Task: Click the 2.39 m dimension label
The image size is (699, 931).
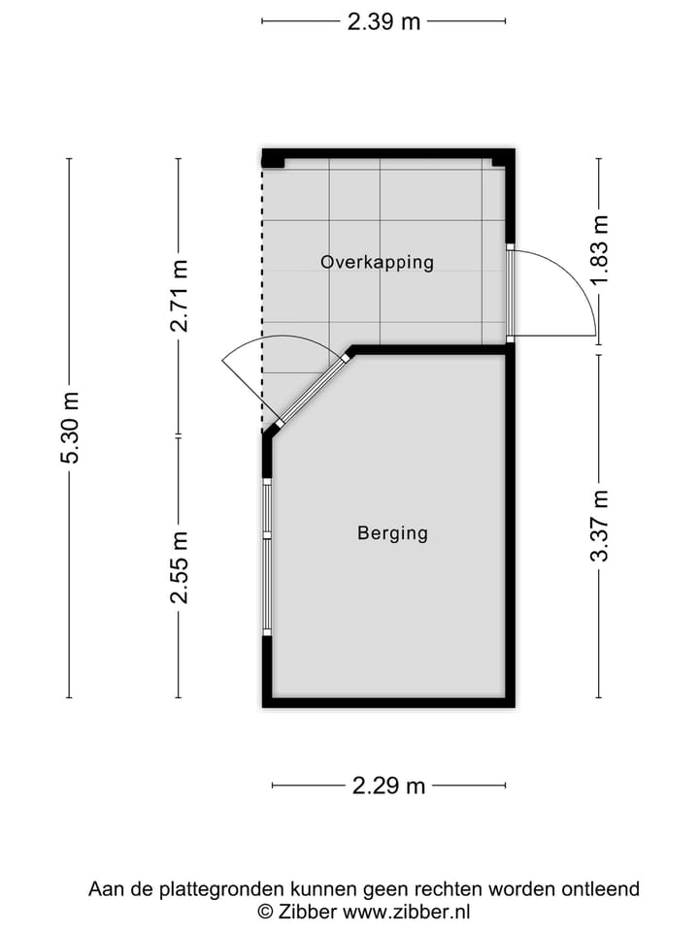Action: (x=383, y=21)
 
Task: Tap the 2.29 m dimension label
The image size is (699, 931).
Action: (x=388, y=786)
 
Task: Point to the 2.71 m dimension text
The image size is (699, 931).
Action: (x=179, y=296)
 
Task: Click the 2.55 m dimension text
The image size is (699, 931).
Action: (x=179, y=567)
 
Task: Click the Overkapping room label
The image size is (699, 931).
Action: (x=377, y=262)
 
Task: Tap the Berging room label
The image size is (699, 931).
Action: (x=392, y=532)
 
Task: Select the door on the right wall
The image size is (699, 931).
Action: (x=510, y=291)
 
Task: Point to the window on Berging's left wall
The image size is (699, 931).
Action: (x=267, y=557)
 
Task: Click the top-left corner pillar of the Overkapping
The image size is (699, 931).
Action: (x=273, y=158)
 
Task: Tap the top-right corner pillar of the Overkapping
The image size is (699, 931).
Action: (x=502, y=158)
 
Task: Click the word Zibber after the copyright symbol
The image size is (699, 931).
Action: (x=308, y=912)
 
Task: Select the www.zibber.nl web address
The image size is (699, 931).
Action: (x=407, y=912)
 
